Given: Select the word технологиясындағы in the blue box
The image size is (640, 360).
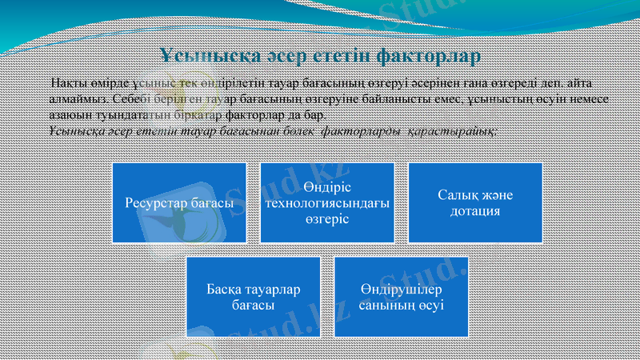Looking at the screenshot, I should coord(327,204).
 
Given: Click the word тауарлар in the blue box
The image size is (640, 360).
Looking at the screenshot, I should coord(273,289).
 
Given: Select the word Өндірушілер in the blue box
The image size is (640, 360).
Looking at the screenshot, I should coord(401,289).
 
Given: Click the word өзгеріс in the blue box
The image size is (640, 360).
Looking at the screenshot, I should coord(327,219).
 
